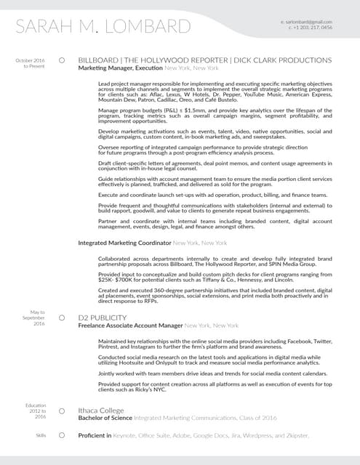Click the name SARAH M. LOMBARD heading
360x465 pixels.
click(x=103, y=28)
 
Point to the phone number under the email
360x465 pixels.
click(x=311, y=28)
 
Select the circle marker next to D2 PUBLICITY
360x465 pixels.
click(x=63, y=318)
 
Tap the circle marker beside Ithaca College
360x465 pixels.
click(x=63, y=411)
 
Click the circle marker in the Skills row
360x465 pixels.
click(x=63, y=434)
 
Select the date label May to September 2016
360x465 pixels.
click(x=33, y=318)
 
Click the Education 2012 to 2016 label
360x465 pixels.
click(x=35, y=411)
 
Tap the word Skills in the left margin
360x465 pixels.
click(x=41, y=434)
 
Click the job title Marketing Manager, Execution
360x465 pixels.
click(x=120, y=68)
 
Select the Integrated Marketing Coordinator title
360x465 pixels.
click(x=124, y=242)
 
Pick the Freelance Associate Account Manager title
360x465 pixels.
click(x=130, y=325)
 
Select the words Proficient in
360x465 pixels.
click(x=95, y=435)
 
